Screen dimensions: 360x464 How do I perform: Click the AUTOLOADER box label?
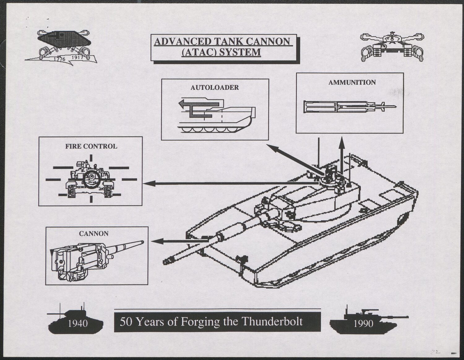pos(215,87)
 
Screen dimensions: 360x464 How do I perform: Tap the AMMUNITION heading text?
pos(352,83)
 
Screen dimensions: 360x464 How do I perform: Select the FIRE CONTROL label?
pos(91,146)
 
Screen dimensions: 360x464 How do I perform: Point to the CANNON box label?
pos(94,234)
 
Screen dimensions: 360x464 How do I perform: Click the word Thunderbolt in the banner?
pos(272,322)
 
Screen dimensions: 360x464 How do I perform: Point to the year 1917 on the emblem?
pos(78,57)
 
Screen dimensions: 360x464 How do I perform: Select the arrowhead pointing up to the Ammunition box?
pos(342,142)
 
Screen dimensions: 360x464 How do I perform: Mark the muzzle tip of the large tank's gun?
pos(165,261)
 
